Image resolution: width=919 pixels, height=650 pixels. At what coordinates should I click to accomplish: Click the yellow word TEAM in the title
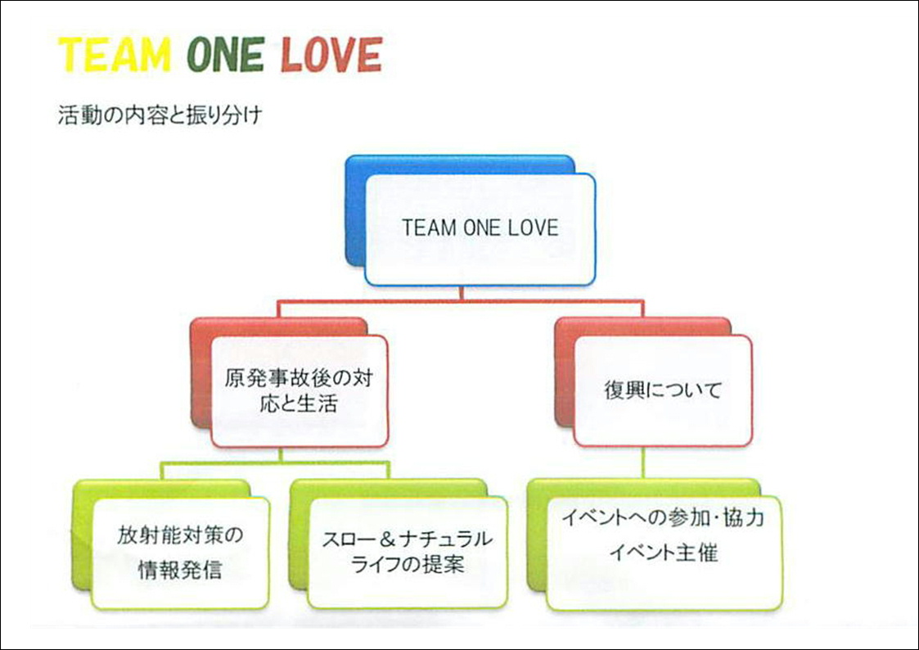pos(115,55)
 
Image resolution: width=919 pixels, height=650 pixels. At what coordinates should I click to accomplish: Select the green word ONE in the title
pos(226,55)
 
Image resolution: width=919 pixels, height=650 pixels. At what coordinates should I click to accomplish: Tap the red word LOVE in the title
pos(331,55)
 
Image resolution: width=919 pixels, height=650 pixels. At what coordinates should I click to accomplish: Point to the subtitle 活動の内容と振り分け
pos(160,115)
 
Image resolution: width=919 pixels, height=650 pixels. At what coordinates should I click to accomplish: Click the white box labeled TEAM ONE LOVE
pos(480,230)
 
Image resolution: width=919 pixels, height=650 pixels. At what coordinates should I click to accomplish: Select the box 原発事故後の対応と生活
pos(300,391)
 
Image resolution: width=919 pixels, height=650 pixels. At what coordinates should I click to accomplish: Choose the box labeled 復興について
pos(663,390)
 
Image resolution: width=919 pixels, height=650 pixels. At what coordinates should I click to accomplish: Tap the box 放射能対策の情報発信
pos(181,553)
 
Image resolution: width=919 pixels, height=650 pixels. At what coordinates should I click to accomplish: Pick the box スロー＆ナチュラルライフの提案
pos(408,553)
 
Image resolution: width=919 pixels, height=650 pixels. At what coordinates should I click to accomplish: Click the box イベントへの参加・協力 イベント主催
pos(664,553)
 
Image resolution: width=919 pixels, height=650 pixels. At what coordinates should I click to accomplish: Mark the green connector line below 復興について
pos(643,463)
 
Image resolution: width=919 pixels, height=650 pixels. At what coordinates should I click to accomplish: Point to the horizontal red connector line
pos(461,302)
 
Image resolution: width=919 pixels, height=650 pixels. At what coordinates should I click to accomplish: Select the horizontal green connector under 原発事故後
pos(276,463)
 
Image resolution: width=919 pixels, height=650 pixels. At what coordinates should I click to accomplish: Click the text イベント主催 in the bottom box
pos(664,553)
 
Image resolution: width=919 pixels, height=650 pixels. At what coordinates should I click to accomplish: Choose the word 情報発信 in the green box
pos(181,570)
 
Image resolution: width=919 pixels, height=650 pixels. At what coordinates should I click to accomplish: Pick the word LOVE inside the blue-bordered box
pos(533,228)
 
